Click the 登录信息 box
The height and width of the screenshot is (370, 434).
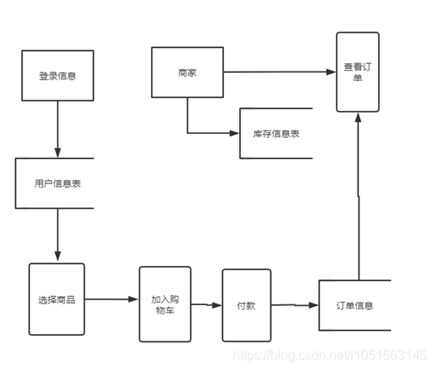coord(57,75)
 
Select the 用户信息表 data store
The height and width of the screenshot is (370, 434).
coord(55,183)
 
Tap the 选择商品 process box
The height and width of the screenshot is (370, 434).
coord(56,299)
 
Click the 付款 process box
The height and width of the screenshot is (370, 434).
coord(247,306)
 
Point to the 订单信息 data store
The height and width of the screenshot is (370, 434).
coord(355,306)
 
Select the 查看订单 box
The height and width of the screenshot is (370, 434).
coord(358,72)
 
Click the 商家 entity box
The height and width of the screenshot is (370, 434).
coord(187,73)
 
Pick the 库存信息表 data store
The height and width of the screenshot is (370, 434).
coord(275,132)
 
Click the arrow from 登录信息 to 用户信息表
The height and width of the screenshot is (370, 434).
coord(57,129)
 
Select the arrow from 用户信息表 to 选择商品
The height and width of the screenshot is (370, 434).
coord(57,235)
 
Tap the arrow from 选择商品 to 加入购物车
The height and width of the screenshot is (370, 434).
coord(111,299)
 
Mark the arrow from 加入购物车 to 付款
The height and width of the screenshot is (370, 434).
coord(206,306)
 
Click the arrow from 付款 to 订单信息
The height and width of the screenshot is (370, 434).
coord(294,306)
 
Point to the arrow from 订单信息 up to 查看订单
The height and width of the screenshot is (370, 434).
coord(358,195)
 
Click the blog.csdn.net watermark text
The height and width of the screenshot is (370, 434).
coord(329,355)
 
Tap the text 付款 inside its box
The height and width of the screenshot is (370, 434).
coord(247,306)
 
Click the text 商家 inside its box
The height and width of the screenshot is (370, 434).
coord(187,73)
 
